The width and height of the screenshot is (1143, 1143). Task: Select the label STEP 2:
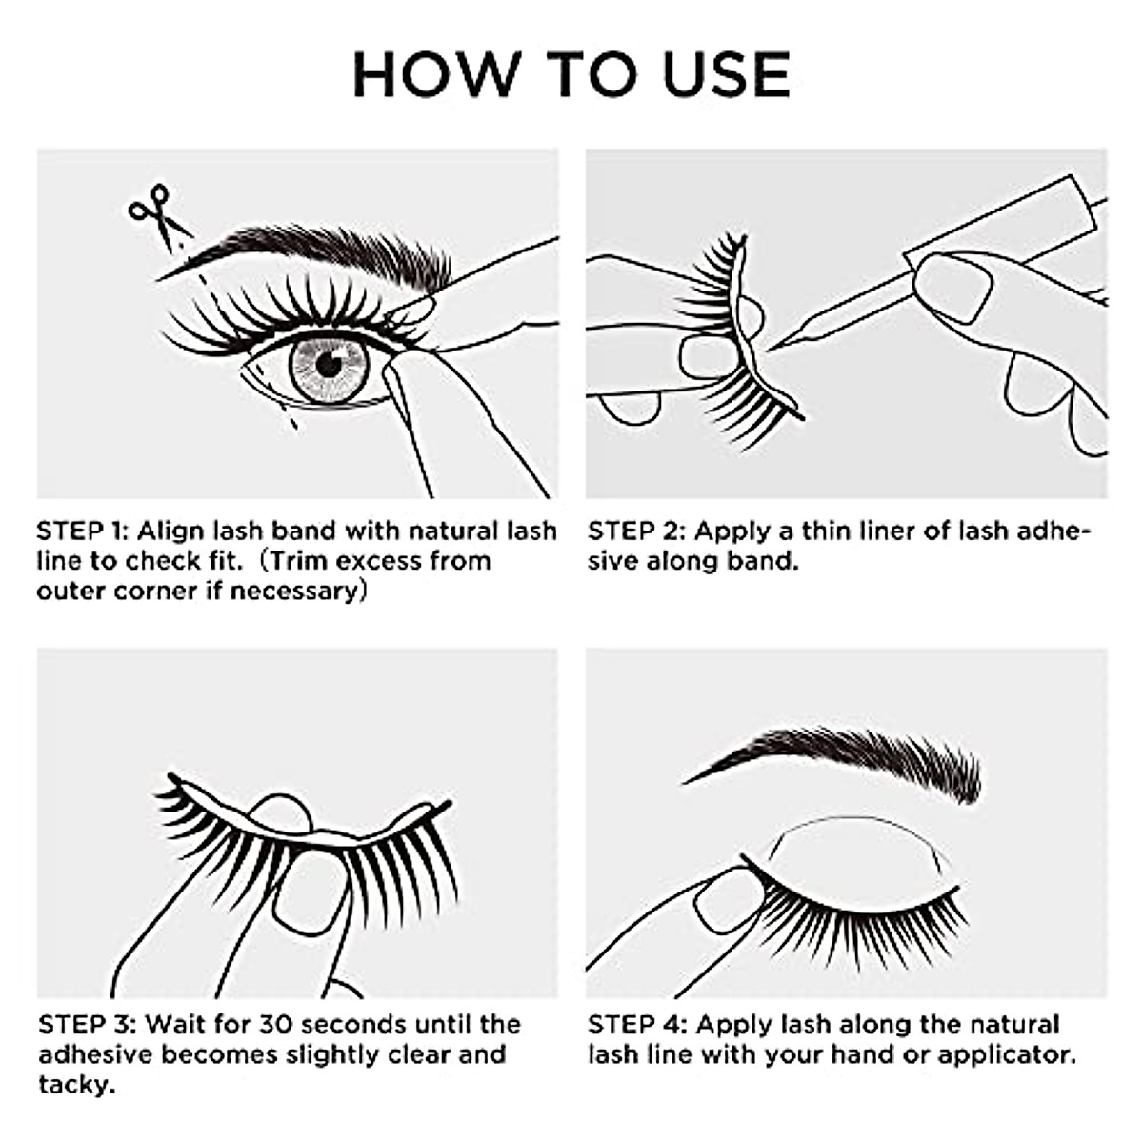pyautogui.click(x=634, y=531)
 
